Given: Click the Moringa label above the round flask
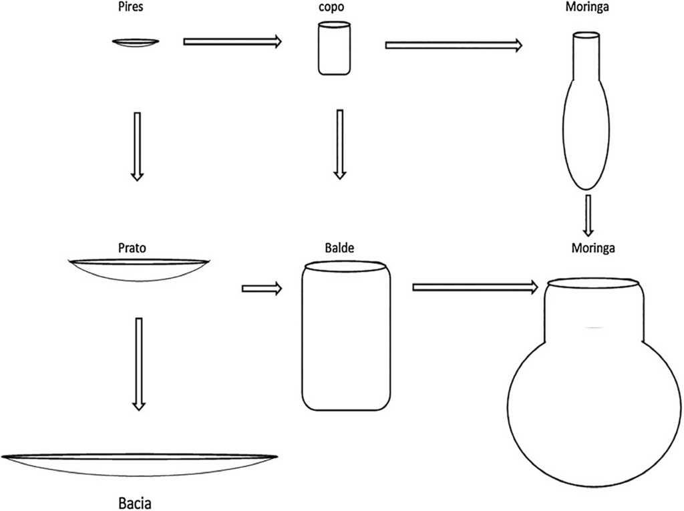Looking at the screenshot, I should [x=592, y=248].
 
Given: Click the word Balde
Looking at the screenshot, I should [x=339, y=248].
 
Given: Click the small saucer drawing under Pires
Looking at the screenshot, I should [x=136, y=43].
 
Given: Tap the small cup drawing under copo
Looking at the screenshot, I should [x=333, y=49].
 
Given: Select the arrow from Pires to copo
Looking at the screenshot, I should [x=232, y=41].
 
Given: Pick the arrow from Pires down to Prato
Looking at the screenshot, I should [x=137, y=146].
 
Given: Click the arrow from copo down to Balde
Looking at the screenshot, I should [x=340, y=144].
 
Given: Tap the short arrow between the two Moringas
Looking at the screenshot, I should [x=588, y=214].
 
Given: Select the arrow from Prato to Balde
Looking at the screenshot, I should [x=261, y=289].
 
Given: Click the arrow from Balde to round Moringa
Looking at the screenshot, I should [x=475, y=287].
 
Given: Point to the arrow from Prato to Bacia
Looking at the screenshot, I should [x=138, y=363].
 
